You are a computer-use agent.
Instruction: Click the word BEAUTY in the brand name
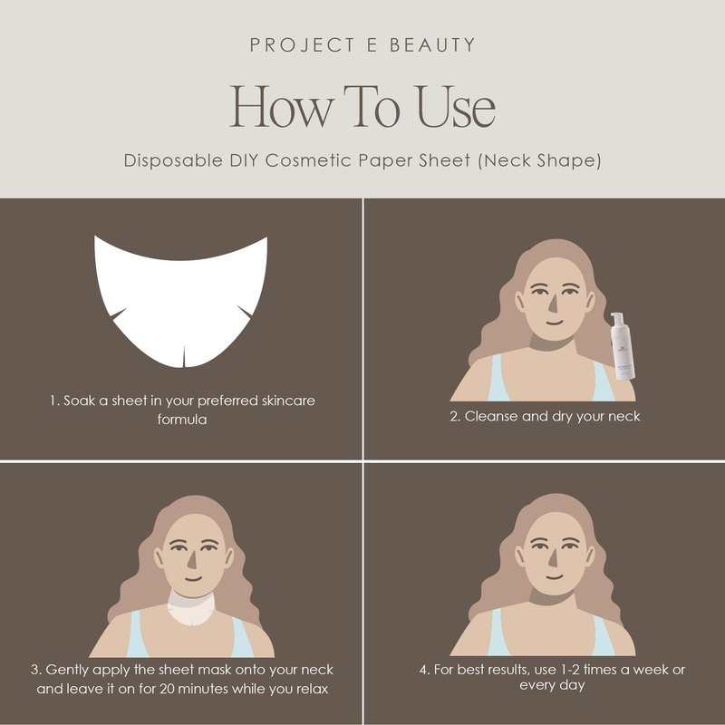click(x=432, y=44)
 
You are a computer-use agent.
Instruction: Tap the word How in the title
click(x=281, y=107)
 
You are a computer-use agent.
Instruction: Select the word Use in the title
click(x=456, y=107)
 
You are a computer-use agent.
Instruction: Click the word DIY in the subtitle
click(x=244, y=160)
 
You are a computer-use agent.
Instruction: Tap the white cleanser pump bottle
click(x=622, y=346)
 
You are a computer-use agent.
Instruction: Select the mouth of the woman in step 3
click(x=193, y=578)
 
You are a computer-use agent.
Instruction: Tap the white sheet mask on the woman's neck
click(x=191, y=608)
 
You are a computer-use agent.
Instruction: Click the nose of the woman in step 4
click(x=553, y=558)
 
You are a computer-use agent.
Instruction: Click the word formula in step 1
click(x=182, y=420)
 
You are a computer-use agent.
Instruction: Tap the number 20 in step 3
click(x=167, y=689)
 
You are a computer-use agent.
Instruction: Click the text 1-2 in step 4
click(x=571, y=670)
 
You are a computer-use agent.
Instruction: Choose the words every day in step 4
click(x=552, y=685)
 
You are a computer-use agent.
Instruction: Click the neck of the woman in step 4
click(x=552, y=596)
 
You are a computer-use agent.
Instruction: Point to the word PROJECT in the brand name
click(x=303, y=44)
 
